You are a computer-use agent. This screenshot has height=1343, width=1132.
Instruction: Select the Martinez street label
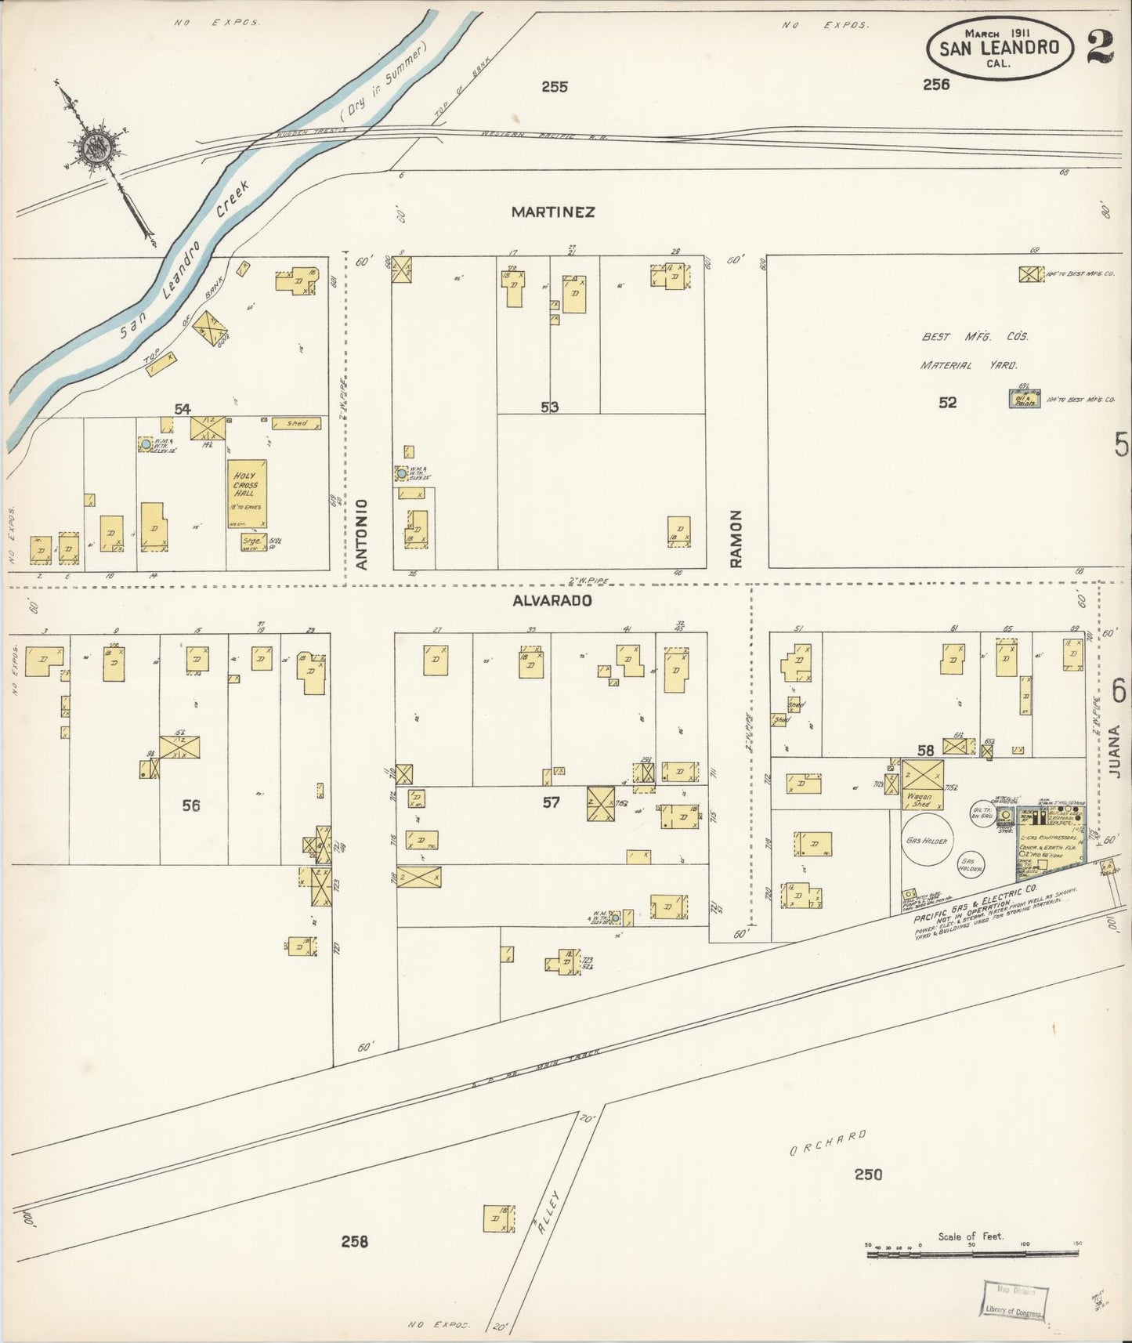tap(553, 212)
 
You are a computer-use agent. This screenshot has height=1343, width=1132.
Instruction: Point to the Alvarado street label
tap(552, 601)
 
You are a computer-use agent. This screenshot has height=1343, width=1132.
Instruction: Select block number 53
tap(549, 407)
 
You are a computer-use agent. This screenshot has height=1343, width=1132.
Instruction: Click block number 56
tap(190, 805)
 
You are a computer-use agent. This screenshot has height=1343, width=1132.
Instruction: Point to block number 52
tap(948, 403)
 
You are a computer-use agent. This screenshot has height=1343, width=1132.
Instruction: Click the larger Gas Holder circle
tap(927, 840)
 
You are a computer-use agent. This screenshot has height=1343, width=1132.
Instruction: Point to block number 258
tap(355, 1241)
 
